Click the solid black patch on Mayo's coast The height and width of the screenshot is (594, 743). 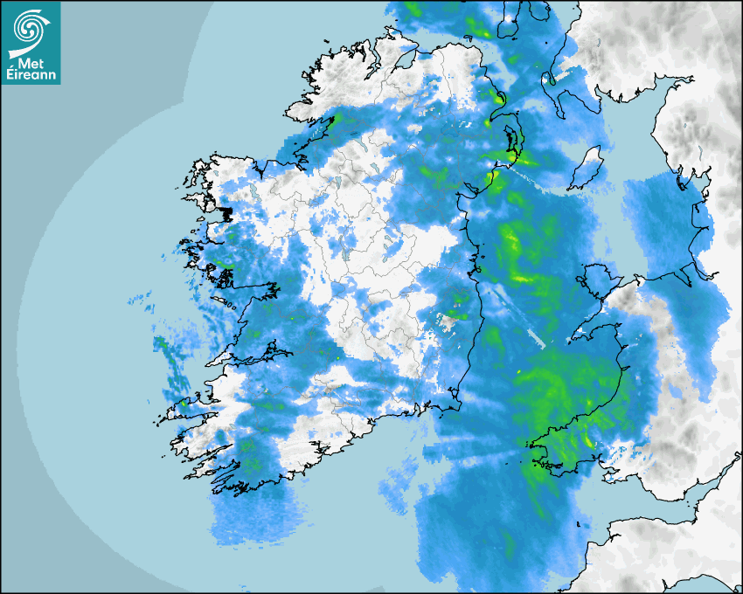click(x=226, y=213)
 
